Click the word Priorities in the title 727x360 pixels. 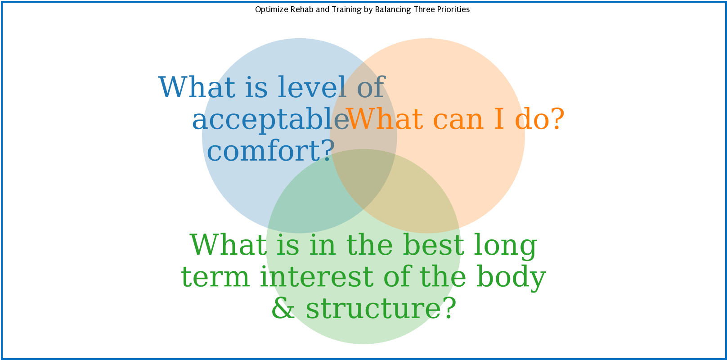[453, 9]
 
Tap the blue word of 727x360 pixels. [371, 87]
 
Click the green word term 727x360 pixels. [215, 277]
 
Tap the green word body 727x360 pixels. [511, 277]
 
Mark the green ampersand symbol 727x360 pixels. [283, 309]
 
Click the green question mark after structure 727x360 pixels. [448, 309]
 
